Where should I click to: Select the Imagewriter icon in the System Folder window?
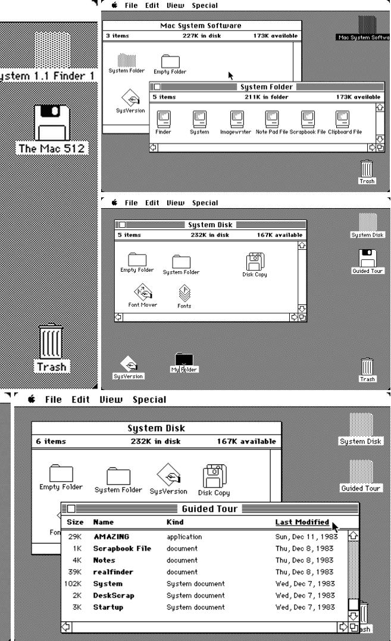tap(236, 119)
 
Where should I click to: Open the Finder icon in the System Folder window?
tap(163, 119)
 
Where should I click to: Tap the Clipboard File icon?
tap(343, 119)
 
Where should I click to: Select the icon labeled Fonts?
tap(184, 293)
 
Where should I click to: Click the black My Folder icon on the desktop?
tap(184, 360)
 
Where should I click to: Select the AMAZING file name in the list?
tap(111, 536)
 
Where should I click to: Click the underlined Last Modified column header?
tap(302, 522)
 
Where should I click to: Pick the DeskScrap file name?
tap(113, 595)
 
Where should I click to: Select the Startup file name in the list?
tap(107, 607)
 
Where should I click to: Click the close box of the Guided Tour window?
tap(71, 509)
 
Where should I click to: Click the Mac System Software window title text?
tap(201, 26)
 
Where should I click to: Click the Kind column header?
tap(175, 522)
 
